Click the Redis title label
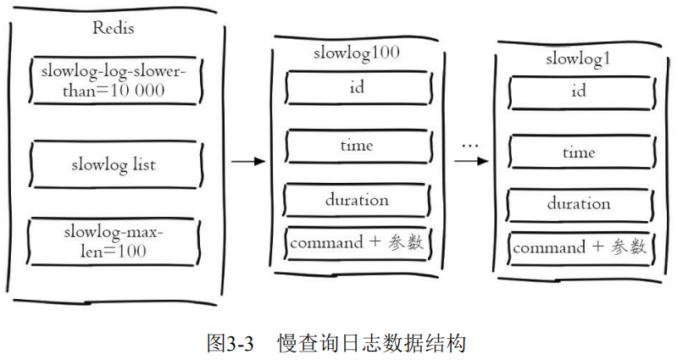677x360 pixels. [113, 28]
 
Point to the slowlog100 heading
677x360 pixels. [356, 53]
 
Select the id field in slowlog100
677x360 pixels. [356, 86]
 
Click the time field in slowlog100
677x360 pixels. [356, 146]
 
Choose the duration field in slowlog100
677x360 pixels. [356, 200]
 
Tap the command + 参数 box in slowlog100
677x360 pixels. [356, 242]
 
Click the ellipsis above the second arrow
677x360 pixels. [470, 145]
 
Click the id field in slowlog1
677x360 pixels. [579, 91]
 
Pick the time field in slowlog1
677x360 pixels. [579, 152]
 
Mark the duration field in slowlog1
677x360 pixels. [579, 204]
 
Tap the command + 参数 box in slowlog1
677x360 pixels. [580, 247]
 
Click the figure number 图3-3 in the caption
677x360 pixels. [230, 342]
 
